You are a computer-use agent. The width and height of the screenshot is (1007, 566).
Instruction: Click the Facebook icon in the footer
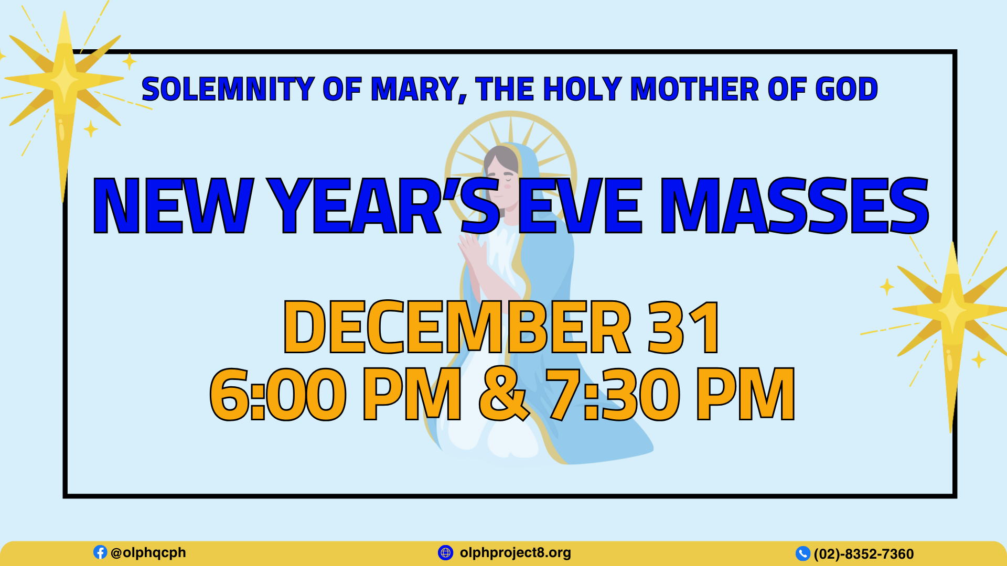point(100,552)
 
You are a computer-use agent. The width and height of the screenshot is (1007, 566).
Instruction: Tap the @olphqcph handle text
point(148,553)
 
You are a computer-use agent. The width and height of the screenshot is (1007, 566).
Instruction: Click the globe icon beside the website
point(445,552)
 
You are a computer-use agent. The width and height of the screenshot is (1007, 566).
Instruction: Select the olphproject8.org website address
point(516,553)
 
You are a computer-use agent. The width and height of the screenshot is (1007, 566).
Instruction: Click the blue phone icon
point(803,553)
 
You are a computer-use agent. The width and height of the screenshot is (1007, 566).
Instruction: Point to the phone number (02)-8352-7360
point(864,554)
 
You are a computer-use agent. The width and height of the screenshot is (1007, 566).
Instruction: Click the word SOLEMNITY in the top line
point(228,89)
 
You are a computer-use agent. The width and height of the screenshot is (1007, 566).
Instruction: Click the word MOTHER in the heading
point(694,89)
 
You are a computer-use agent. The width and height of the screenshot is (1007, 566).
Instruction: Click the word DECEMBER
point(457,327)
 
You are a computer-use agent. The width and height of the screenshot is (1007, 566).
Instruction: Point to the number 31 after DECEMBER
point(684,327)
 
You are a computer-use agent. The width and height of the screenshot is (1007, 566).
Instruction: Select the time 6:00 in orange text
point(278,394)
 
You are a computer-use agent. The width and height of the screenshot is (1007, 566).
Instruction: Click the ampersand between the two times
point(504,394)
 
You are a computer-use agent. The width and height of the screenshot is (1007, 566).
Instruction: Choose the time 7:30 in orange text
point(613,394)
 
